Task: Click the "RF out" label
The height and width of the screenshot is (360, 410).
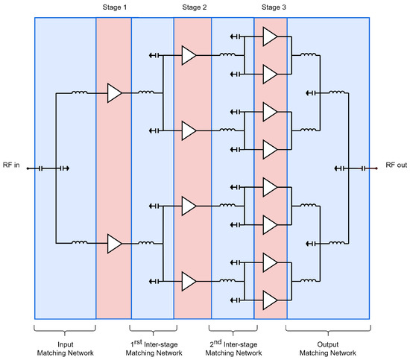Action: [x=396, y=165]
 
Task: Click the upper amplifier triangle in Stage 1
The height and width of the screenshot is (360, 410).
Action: [x=114, y=93]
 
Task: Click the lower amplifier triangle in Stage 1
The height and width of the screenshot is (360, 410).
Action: [x=114, y=243]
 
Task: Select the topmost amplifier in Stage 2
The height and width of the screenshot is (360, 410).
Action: [x=189, y=54]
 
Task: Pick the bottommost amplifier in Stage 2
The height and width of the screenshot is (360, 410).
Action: [x=189, y=281]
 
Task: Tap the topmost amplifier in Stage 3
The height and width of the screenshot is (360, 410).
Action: [x=270, y=37]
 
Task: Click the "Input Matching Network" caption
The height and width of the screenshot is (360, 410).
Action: [x=65, y=347]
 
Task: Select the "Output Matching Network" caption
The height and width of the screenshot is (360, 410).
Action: [x=328, y=347]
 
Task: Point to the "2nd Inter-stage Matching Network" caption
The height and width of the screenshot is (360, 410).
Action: [x=232, y=347]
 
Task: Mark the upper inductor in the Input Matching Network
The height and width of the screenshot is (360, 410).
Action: [x=78, y=93]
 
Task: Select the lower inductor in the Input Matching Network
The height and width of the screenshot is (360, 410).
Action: [x=78, y=243]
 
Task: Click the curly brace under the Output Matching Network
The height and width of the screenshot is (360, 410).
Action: [x=328, y=328]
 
